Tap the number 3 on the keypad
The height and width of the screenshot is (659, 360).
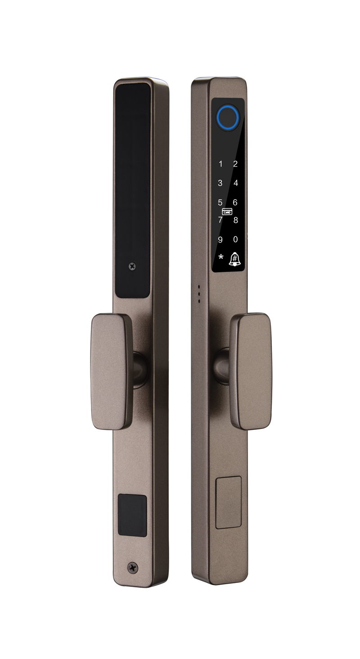pos(220,183)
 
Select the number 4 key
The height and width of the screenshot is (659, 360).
pos(236,183)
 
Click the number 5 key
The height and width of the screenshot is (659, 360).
pos(220,203)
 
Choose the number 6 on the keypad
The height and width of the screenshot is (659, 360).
pos(235,203)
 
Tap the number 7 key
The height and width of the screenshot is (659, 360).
pos(220,220)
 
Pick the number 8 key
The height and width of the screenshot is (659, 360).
pos(236,220)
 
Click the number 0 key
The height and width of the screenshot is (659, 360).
pos(235,239)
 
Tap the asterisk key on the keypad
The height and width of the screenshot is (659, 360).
pos(221,257)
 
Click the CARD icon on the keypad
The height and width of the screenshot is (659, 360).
pos(227,212)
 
